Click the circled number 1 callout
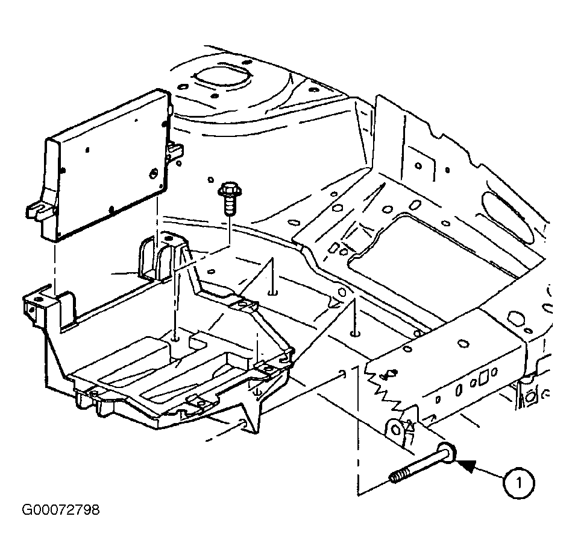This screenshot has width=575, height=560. coord(518,483)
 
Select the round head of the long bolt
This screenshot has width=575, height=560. coord(447,453)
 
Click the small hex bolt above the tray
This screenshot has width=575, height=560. coord(228,199)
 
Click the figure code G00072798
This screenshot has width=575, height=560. coord(61,511)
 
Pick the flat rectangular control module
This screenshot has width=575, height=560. coord(106,165)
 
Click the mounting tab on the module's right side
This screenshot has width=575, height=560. coord(175,150)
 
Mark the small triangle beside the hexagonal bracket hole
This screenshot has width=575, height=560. coord(409,425)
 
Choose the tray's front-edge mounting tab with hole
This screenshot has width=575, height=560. coord(199,402)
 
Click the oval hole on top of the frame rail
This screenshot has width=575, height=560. coord(463,343)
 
